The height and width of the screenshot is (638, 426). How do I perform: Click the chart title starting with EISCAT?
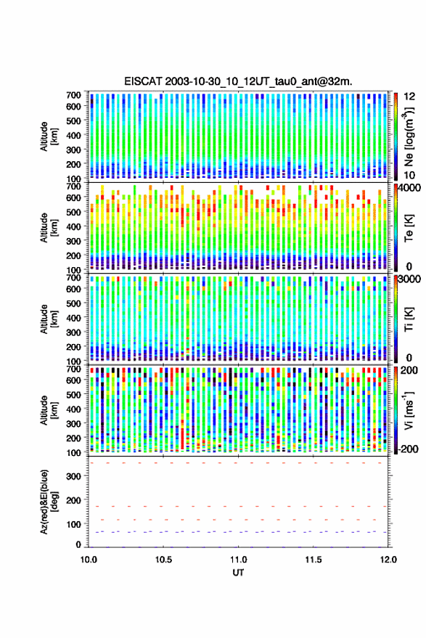238,81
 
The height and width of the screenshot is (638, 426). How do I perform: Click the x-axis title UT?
238,573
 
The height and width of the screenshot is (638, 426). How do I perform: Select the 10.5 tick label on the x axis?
163,560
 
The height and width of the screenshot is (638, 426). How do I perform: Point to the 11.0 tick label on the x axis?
238,560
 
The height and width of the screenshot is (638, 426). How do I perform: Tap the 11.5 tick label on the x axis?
313,560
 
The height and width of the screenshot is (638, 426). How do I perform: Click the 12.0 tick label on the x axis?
388,560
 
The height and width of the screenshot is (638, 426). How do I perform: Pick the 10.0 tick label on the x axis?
89,560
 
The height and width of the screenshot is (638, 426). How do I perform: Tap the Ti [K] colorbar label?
409,319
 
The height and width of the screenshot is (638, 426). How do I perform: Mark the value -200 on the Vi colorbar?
408,449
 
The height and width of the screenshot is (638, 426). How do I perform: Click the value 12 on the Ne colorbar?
410,97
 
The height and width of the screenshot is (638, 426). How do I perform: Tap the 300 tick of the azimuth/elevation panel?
73,476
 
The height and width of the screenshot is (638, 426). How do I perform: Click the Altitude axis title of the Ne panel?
48,136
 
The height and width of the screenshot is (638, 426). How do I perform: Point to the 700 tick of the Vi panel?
73,369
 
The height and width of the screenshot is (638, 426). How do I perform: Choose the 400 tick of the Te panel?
73,226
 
